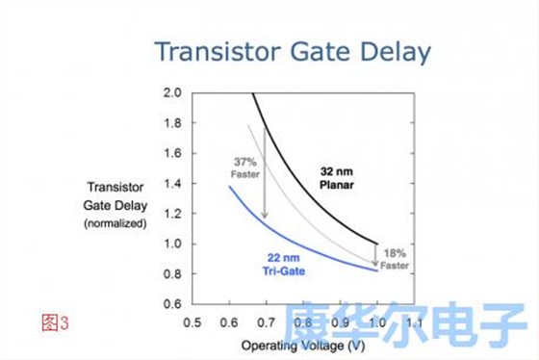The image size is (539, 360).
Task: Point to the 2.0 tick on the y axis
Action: [x=171, y=93]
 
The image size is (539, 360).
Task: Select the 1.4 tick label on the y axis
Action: [x=171, y=183]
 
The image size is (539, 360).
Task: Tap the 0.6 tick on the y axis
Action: [x=171, y=303]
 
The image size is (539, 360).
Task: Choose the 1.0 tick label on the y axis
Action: [x=171, y=244]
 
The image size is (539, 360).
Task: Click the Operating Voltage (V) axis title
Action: [x=295, y=344]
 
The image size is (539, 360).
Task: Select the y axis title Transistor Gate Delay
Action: [x=115, y=196]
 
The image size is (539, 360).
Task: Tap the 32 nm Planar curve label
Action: [x=339, y=176]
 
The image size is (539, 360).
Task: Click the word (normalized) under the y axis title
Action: [x=115, y=223]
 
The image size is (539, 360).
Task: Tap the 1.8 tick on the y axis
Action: [x=171, y=123]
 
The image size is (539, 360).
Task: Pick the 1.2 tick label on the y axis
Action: [x=171, y=214]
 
